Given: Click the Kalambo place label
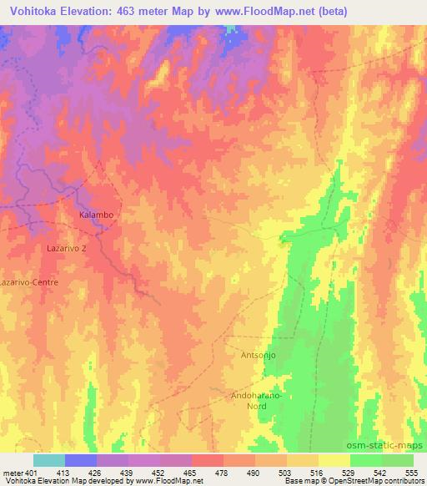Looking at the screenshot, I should tap(95, 215).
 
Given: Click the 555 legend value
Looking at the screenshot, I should tap(412, 472).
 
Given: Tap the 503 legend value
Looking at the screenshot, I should tap(286, 472).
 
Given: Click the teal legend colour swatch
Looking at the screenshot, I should tap(48, 460).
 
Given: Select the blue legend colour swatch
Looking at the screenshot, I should tap(80, 460).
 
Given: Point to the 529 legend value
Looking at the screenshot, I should tap(349, 472).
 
